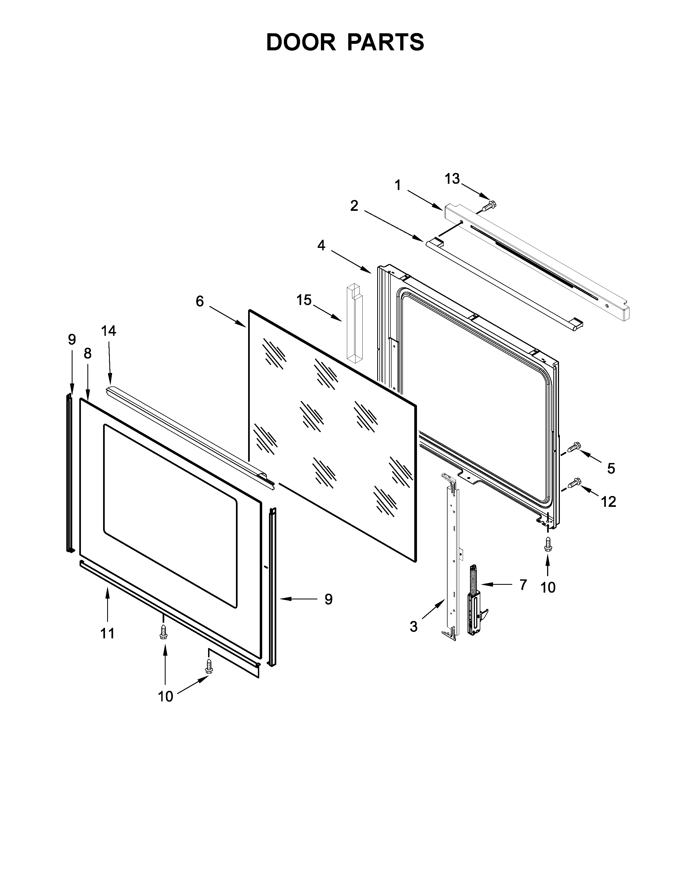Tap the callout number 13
(x=452, y=179)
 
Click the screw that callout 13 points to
(x=487, y=205)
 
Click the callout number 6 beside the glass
(x=199, y=301)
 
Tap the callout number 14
(x=109, y=331)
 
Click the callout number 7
(x=523, y=585)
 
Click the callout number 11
(x=107, y=633)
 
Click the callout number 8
(x=87, y=354)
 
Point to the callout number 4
(x=321, y=245)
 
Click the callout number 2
(x=354, y=206)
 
